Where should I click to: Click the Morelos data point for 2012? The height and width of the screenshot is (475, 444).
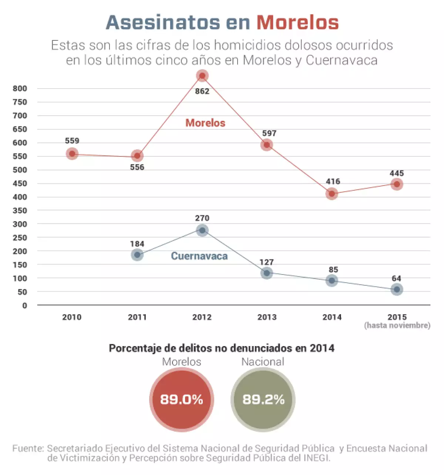[202, 76]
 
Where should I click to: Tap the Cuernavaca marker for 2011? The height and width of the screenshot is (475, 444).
[137, 255]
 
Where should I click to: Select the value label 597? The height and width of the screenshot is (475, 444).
[269, 133]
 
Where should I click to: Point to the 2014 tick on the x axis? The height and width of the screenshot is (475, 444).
[332, 317]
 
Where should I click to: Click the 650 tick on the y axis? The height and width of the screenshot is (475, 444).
[20, 129]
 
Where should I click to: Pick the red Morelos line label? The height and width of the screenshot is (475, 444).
[205, 123]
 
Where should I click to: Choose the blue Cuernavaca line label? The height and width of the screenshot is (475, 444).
[199, 256]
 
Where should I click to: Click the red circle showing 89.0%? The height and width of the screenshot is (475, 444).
[182, 399]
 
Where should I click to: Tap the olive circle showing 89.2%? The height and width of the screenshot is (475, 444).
[263, 399]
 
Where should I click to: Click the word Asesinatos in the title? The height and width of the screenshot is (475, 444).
[163, 22]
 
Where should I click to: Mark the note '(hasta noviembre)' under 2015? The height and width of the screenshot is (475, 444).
[397, 325]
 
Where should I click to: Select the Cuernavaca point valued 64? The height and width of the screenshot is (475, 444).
[397, 289]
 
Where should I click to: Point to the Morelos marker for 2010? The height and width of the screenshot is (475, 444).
[72, 154]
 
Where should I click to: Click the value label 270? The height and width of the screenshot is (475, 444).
[202, 218]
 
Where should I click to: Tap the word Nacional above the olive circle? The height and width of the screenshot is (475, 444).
[263, 362]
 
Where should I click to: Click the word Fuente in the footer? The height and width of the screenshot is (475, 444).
[28, 448]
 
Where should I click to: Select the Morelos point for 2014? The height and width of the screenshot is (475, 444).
[332, 193]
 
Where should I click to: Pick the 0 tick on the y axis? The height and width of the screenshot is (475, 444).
[25, 306]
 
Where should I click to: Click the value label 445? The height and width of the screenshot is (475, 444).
[397, 173]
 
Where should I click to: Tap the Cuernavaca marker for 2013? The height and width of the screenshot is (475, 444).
[267, 273]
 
